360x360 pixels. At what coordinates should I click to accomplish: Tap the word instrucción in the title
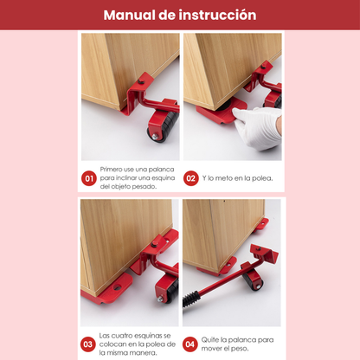[219, 15]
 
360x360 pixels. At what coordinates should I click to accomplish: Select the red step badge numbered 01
[88, 178]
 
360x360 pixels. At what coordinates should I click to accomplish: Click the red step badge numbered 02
[191, 178]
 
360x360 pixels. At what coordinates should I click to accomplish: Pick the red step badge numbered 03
[88, 344]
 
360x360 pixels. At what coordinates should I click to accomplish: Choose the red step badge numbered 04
[191, 344]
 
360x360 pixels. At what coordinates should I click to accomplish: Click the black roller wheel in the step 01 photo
[163, 125]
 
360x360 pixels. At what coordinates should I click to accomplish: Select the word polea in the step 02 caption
[259, 178]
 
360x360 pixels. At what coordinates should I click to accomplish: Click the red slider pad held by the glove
[220, 113]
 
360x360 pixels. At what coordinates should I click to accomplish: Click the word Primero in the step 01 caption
[113, 170]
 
